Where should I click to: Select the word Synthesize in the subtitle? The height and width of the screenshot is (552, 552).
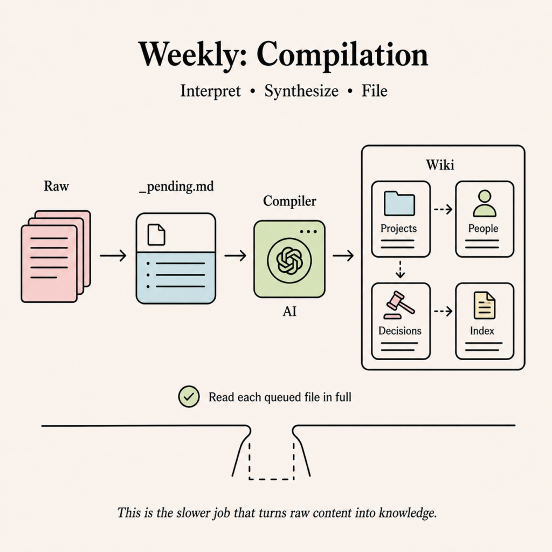tap(301, 91)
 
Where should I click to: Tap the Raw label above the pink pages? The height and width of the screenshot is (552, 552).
tap(56, 186)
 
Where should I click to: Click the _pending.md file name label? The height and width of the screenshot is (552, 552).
tap(176, 186)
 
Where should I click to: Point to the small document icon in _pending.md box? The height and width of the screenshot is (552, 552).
tap(156, 234)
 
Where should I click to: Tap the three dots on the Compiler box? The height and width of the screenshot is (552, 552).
tap(308, 231)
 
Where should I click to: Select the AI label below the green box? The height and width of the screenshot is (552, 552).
tap(289, 312)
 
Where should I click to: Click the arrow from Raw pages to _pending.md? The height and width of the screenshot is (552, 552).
tap(113, 255)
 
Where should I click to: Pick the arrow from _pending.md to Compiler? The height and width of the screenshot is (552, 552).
tap(235, 255)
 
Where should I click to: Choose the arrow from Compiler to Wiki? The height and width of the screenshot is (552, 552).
tap(343, 255)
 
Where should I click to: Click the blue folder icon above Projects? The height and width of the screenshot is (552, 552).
tap(399, 203)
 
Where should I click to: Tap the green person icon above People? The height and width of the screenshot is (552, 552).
tap(485, 203)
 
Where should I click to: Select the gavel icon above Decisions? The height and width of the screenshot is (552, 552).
tap(399, 305)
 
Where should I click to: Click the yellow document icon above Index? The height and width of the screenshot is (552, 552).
tap(485, 305)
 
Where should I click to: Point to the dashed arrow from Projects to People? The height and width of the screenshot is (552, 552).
tap(443, 210)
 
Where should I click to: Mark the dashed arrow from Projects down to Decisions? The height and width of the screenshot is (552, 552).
tap(401, 270)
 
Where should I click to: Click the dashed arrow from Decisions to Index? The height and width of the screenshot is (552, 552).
tap(443, 311)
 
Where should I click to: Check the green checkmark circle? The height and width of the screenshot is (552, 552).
tap(189, 396)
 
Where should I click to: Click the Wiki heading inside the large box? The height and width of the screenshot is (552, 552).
tap(440, 165)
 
